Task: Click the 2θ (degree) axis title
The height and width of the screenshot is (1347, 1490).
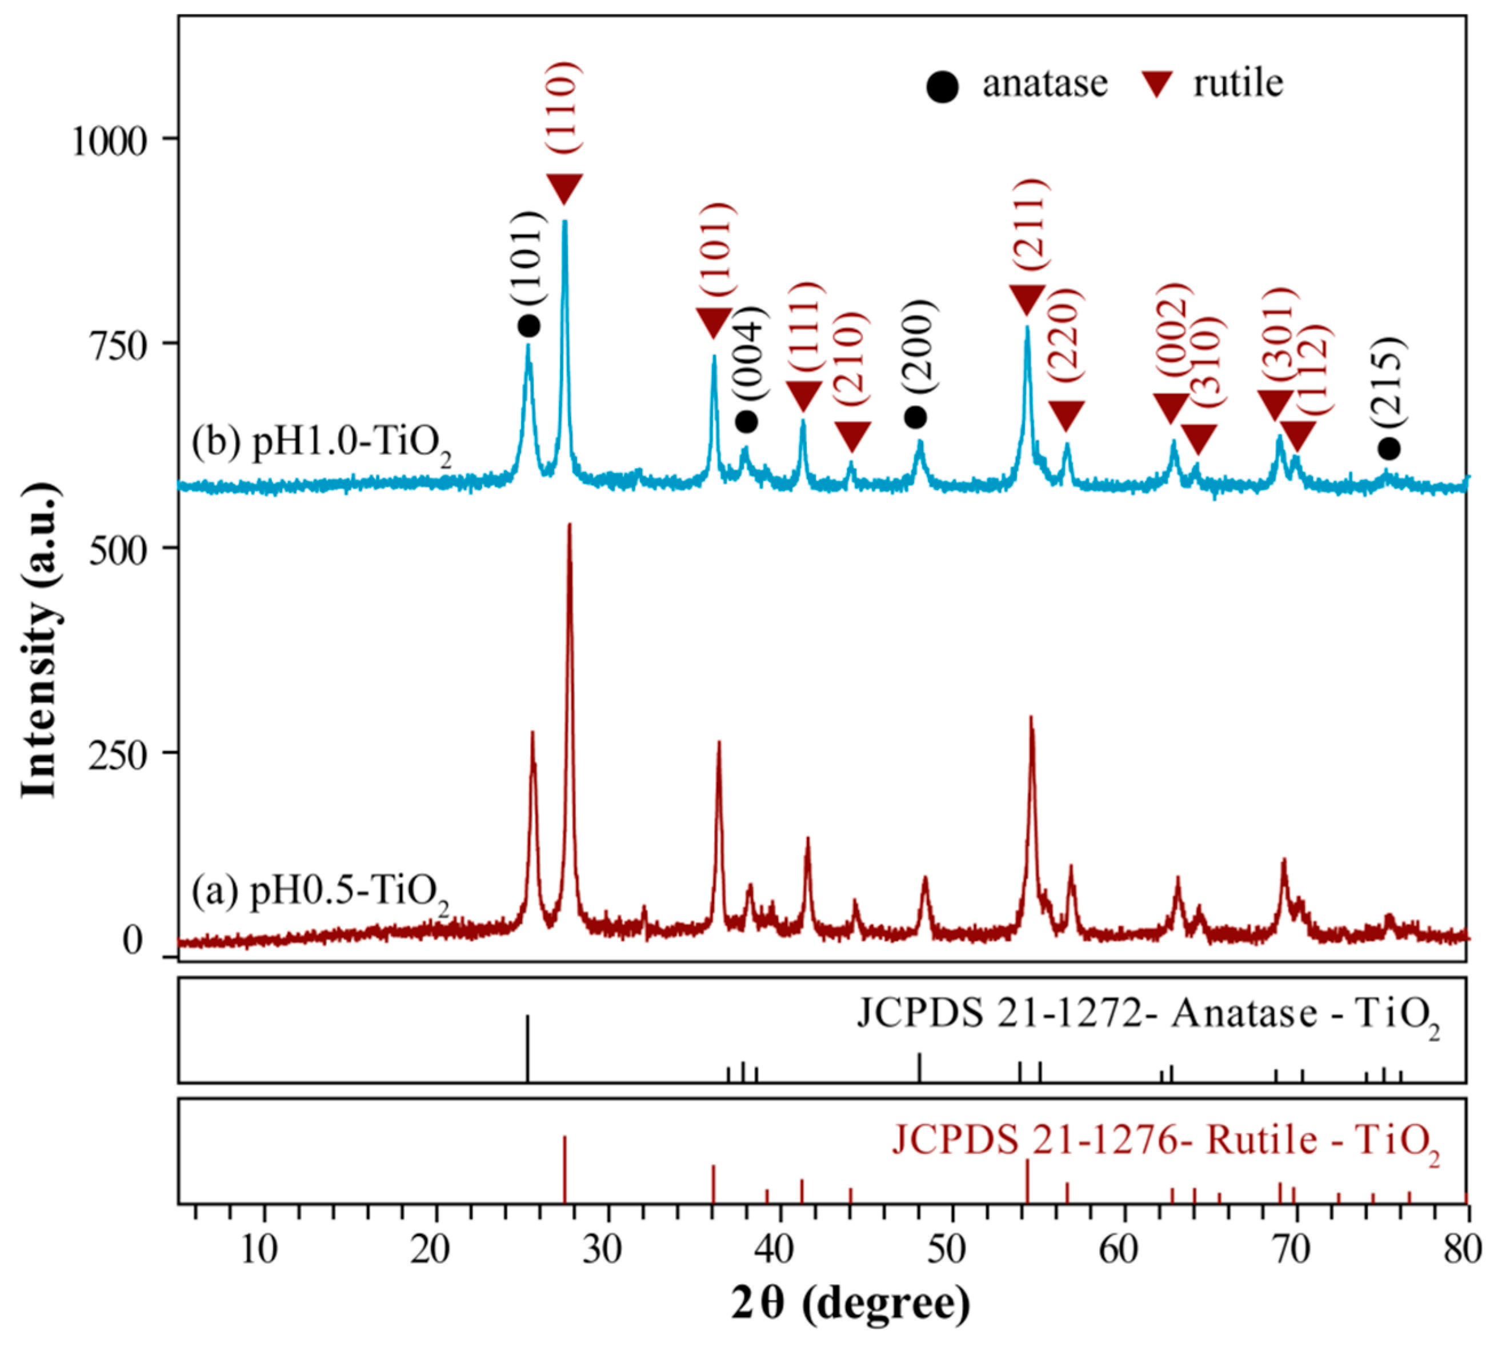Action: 850,1305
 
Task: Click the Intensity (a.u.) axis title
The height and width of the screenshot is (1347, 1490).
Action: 38,639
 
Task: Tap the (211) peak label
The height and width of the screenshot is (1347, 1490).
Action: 1030,226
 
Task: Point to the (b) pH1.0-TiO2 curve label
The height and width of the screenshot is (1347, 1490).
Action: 322,446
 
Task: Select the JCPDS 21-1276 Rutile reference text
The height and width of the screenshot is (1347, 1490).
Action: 1165,1141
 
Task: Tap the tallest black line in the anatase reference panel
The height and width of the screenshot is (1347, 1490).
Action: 527,1048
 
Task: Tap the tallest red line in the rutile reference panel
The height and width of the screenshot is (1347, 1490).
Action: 564,1168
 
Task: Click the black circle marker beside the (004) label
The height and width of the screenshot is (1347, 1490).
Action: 747,421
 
